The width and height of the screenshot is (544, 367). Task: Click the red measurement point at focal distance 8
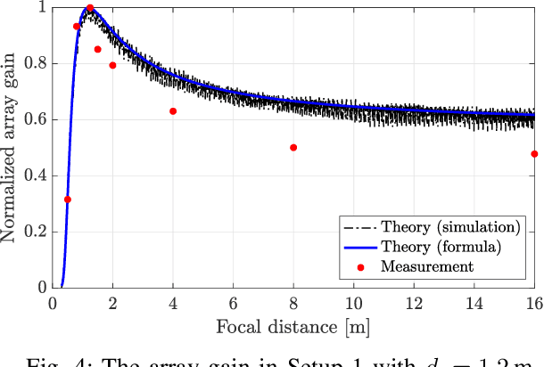(x=293, y=147)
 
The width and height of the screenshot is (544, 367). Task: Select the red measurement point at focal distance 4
(x=173, y=111)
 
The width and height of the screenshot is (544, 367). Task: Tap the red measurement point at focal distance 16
(x=534, y=154)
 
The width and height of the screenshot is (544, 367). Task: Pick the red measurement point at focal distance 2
(x=112, y=65)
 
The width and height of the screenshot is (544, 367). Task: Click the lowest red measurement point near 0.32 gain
(x=68, y=200)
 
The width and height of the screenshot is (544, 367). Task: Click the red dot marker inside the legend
(x=361, y=265)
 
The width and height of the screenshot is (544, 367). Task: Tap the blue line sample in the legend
(x=361, y=246)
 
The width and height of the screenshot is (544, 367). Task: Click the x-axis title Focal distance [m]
(x=293, y=327)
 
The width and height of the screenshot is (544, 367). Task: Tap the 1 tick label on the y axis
(x=41, y=8)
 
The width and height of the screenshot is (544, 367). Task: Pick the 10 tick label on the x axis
(x=354, y=304)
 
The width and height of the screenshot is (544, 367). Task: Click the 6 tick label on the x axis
(x=234, y=304)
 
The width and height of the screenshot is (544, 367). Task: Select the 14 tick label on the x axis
(x=474, y=304)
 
